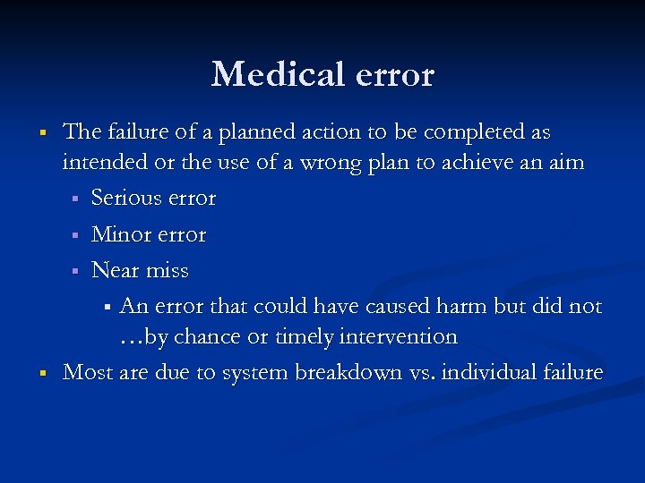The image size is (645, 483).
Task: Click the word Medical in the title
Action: [x=278, y=74]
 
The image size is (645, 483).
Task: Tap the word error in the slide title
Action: [x=394, y=74]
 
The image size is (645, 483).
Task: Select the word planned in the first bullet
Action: [x=236, y=132]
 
